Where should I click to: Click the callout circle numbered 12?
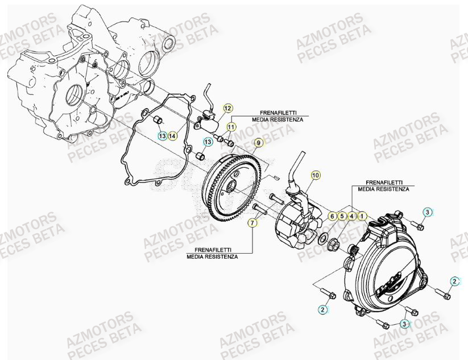(227, 108)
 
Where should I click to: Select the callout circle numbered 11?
(231, 126)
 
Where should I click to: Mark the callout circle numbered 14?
(172, 135)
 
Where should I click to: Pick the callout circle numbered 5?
(342, 216)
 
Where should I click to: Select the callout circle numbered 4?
(352, 216)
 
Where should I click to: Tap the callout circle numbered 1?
(362, 216)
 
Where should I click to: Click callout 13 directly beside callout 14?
(162, 135)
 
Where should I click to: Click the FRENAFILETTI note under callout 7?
(212, 253)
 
